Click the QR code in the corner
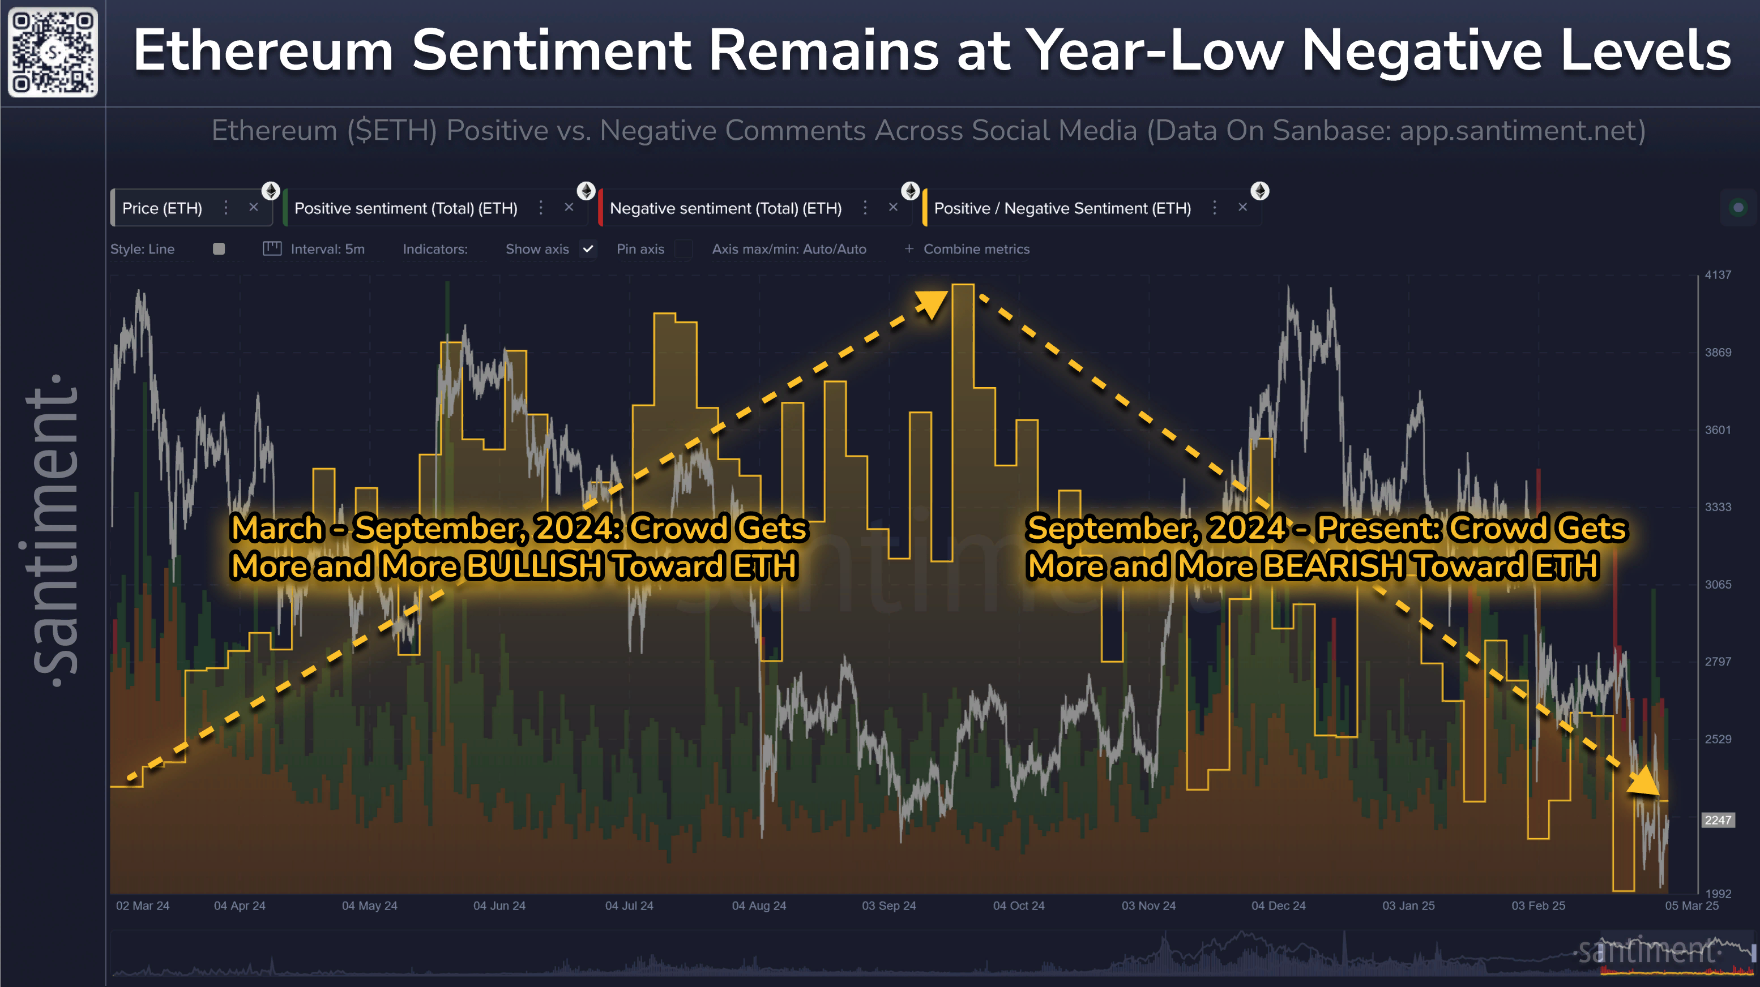pos(53,53)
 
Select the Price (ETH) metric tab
pos(162,208)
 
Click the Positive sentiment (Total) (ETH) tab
pos(406,208)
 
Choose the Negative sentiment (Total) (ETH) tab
pos(725,208)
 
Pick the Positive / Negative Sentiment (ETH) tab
pos(1062,208)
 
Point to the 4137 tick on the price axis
pos(1718,274)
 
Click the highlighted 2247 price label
pos(1718,819)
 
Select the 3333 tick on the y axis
pos(1718,507)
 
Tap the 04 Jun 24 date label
pos(499,906)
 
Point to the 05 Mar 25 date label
pos(1691,906)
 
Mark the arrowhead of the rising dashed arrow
pos(933,304)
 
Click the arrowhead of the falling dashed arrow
pos(1645,781)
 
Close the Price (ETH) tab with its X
pos(254,207)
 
